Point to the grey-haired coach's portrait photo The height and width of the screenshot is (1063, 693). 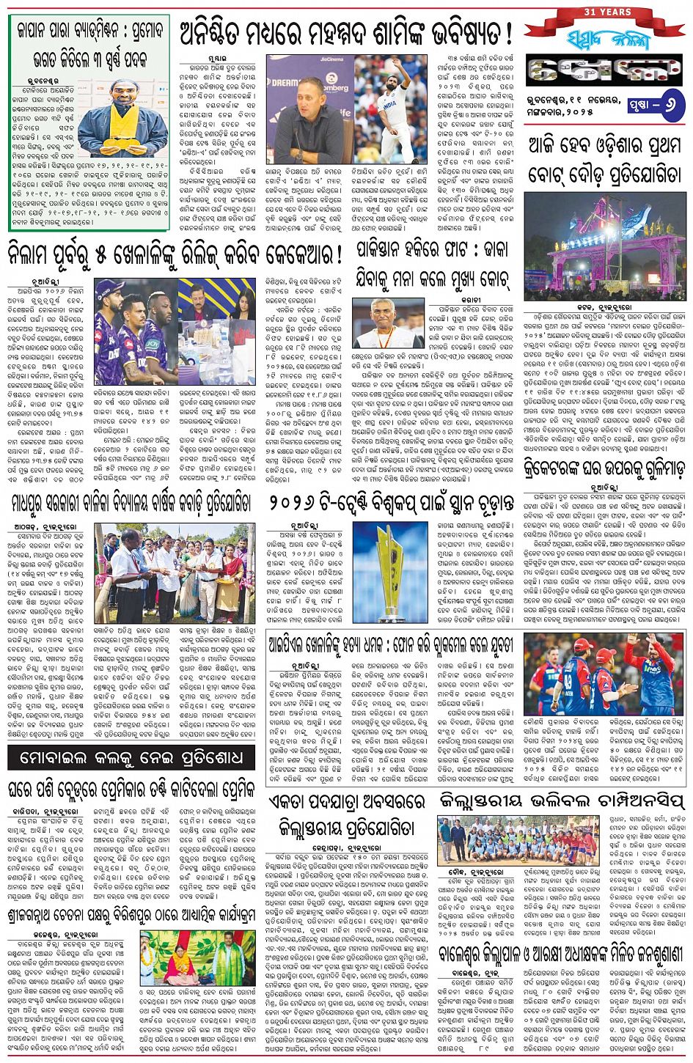coord(388,323)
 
